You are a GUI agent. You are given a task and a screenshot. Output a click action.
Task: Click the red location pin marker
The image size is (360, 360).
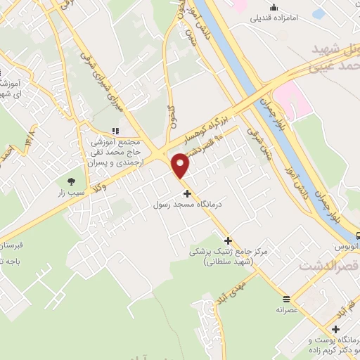[181, 165]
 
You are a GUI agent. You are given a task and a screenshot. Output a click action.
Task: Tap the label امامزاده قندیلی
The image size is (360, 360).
[281, 19]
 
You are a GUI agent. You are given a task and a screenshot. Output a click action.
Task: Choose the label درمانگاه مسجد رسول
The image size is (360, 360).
[188, 205]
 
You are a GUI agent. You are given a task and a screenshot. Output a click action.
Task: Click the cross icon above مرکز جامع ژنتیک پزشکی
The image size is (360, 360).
[226, 240]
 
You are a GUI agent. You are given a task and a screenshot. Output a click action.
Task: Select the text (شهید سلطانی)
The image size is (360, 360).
[223, 262]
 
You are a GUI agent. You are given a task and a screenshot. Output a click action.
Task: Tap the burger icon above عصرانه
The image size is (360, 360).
[286, 297]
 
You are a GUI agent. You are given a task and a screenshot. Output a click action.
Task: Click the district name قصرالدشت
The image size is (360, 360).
[328, 266]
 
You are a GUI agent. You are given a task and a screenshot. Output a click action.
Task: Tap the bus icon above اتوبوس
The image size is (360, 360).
[358, 236]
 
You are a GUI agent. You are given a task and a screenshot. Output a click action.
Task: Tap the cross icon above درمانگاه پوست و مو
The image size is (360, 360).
[336, 329]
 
